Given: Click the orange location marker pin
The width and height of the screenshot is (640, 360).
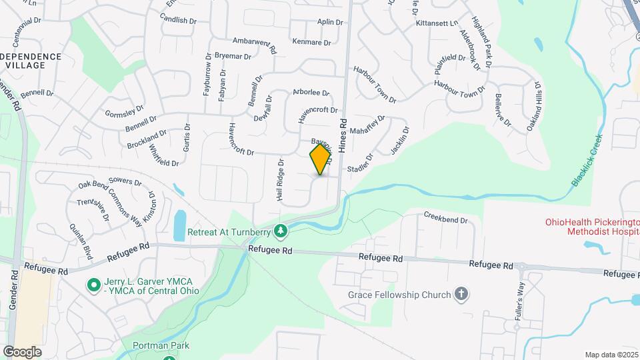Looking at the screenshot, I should [321, 159].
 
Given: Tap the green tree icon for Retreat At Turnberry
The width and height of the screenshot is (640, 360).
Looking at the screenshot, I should [282, 231].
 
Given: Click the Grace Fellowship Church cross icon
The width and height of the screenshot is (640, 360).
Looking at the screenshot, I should [460, 293].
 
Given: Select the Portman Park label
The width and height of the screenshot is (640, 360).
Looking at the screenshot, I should [161, 345].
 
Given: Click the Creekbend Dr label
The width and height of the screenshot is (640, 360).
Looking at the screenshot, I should [446, 217].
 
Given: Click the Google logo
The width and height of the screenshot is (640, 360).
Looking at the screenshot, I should [22, 351].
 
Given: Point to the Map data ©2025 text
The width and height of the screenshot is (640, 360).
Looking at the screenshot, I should [611, 355].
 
